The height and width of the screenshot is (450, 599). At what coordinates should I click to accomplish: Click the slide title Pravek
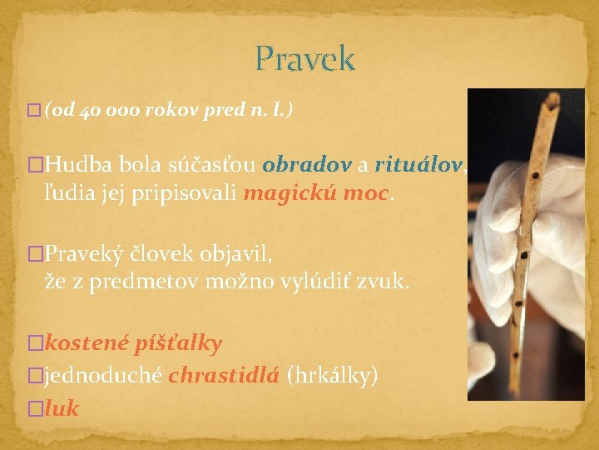(304, 59)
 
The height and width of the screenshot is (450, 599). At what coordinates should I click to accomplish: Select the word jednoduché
(103, 376)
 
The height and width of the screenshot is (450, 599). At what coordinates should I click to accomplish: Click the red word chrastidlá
(223, 376)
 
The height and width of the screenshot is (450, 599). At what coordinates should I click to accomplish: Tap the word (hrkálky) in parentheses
(332, 376)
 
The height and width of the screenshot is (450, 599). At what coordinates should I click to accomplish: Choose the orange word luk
(62, 408)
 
